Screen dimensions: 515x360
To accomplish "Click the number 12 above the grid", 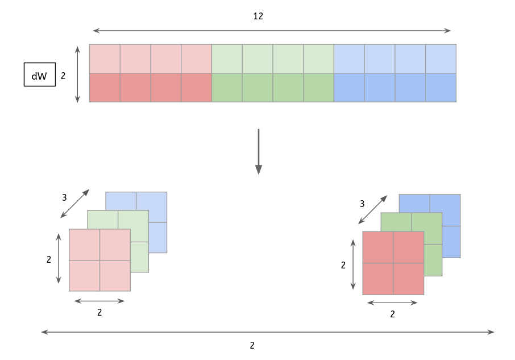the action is (x=258, y=16).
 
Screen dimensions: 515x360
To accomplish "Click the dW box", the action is (x=39, y=75).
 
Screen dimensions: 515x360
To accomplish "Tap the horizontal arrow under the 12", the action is (x=272, y=30).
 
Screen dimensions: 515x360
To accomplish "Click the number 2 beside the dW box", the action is (x=63, y=75).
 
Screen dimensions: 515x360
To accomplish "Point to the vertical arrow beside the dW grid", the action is (x=78, y=75).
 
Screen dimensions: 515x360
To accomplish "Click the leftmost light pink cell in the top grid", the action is (x=105, y=59).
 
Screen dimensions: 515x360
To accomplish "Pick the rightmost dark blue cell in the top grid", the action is (x=441, y=88).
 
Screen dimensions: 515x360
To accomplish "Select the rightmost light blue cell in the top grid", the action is (x=441, y=59).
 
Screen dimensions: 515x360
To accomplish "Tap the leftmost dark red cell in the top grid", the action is (x=105, y=88).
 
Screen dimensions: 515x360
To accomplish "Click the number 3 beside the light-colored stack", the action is (x=64, y=198).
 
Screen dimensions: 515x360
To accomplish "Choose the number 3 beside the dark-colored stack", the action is (x=362, y=203).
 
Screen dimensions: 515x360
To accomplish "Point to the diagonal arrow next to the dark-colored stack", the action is (x=373, y=210).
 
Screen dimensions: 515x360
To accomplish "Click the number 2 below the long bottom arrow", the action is (x=252, y=345).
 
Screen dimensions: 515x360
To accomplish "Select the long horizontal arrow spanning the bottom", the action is (x=268, y=332).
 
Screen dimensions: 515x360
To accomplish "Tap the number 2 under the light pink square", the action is (x=99, y=312).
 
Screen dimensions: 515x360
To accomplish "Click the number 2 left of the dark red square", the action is (x=343, y=264).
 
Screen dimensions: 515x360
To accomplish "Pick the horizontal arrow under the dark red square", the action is (x=392, y=303).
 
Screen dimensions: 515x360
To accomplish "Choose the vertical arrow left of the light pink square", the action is (x=57, y=259).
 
